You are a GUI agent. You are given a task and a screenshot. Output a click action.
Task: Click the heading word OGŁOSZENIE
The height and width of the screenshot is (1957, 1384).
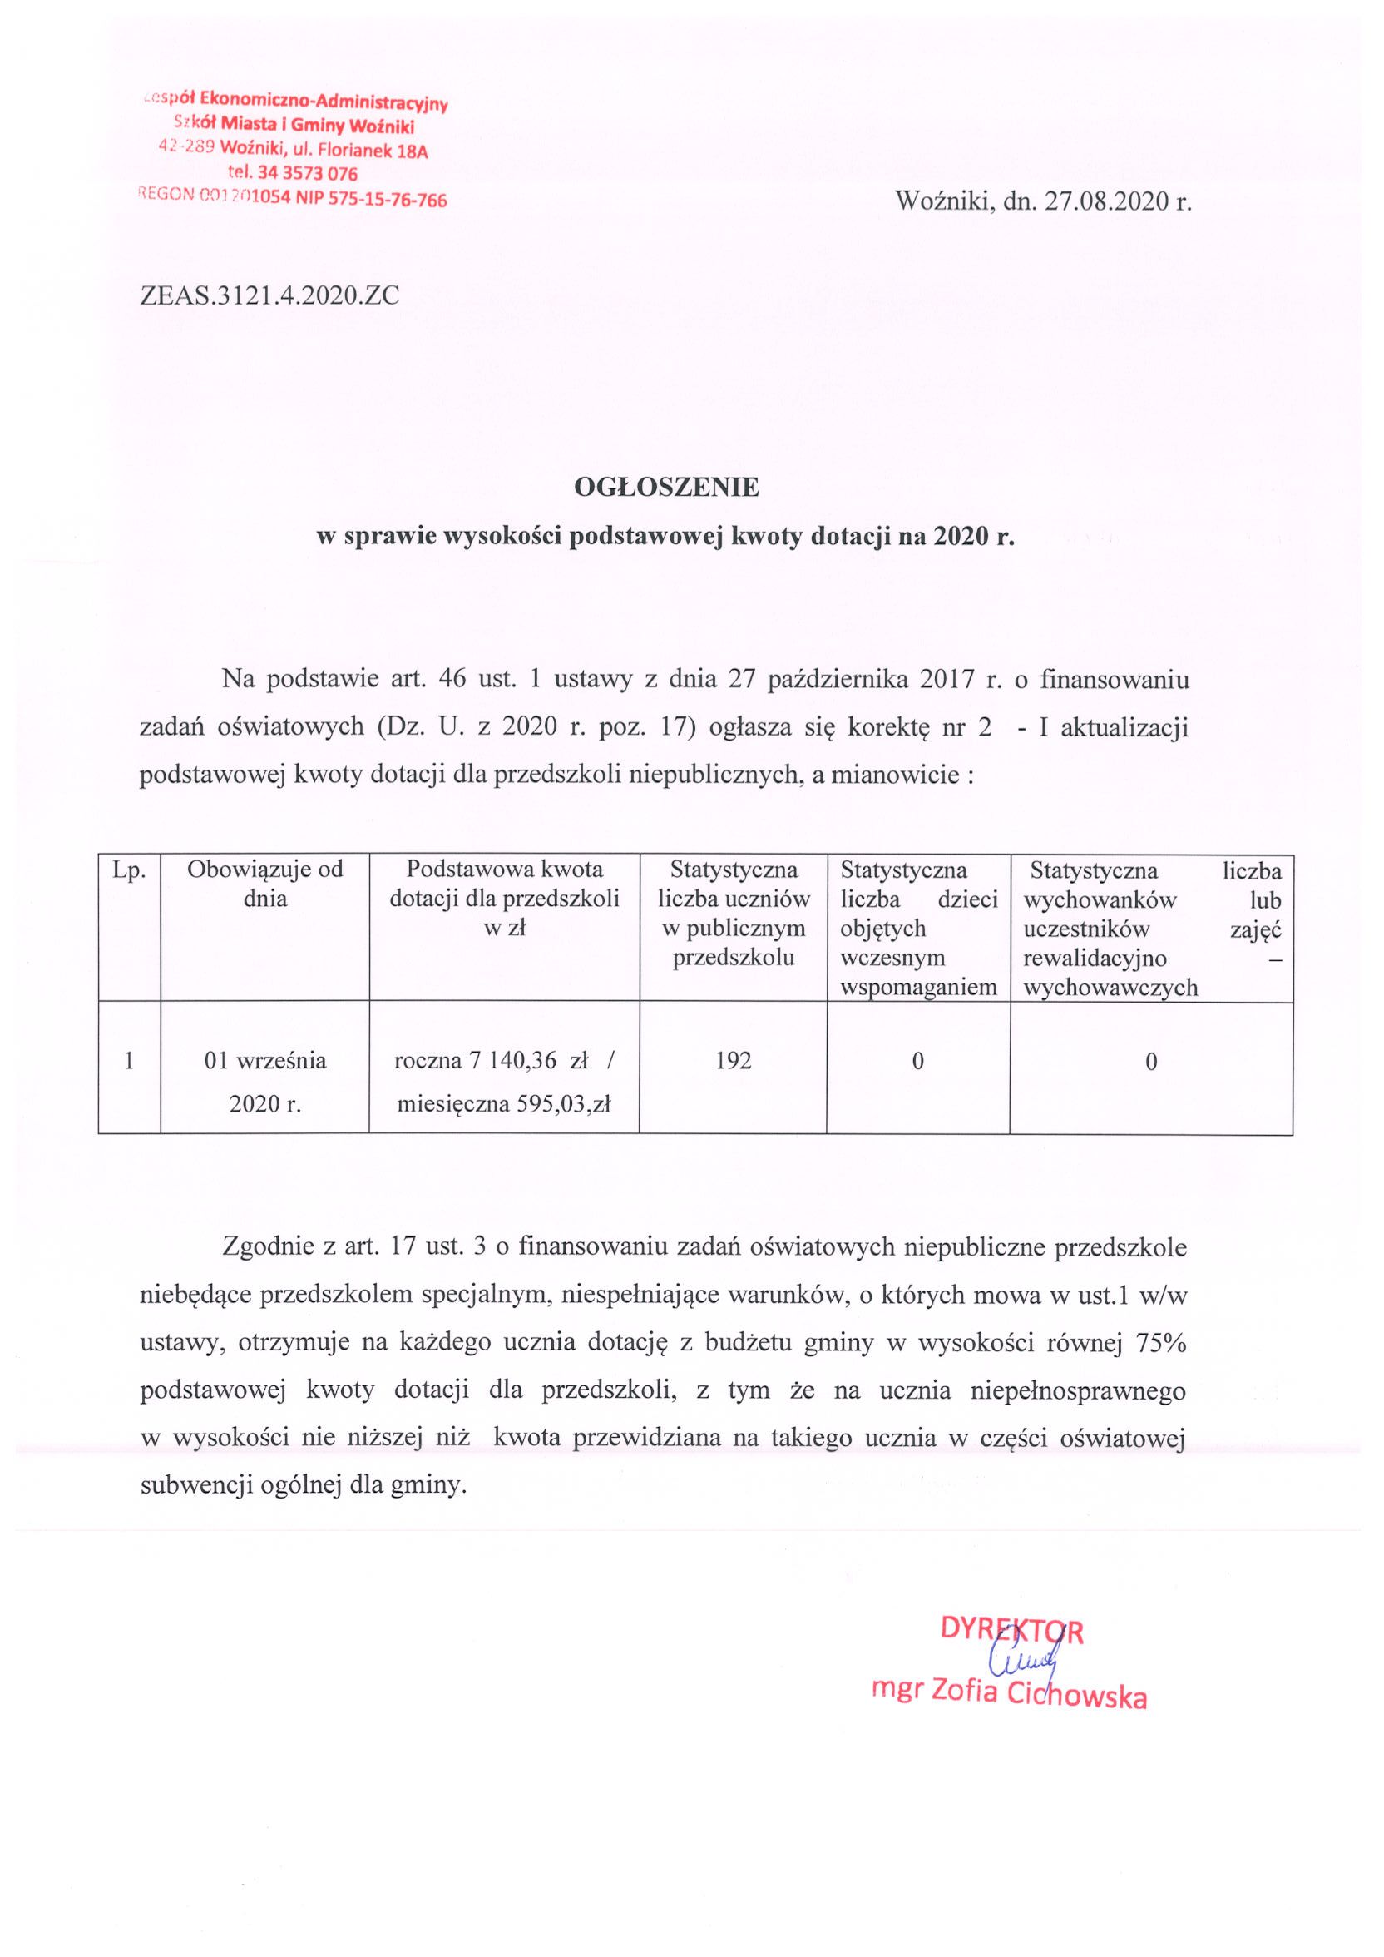tap(665, 488)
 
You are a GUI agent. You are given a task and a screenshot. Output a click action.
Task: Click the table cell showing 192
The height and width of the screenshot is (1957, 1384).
tap(733, 1061)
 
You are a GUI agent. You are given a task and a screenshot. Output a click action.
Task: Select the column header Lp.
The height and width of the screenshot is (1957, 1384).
tap(130, 870)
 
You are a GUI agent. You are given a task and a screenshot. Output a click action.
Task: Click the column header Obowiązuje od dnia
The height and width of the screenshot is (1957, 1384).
tap(265, 884)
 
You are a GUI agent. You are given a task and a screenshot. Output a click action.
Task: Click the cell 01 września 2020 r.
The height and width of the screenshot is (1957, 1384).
tap(265, 1083)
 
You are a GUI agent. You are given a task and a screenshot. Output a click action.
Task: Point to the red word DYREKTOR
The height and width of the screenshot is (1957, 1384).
tap(1011, 1632)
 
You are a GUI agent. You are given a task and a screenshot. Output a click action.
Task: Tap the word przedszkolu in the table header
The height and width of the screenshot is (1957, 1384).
tap(734, 958)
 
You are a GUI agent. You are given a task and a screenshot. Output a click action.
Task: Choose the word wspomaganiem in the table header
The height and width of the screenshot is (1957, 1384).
tap(919, 987)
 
